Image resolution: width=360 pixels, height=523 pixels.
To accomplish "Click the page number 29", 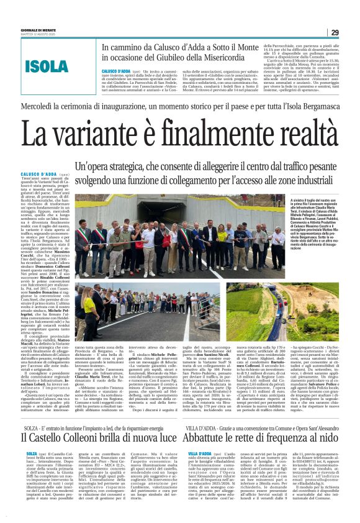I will tap(334, 32).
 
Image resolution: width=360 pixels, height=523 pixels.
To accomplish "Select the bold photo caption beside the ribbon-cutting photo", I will tap(310, 218).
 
